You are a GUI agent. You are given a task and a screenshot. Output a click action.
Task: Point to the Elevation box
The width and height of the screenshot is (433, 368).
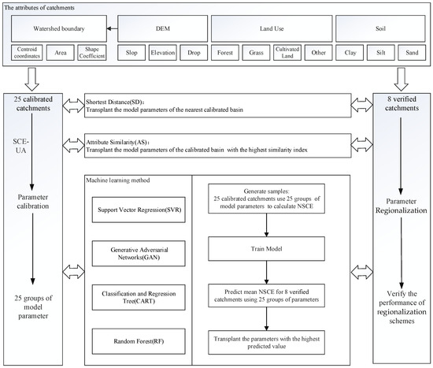[x=161, y=55]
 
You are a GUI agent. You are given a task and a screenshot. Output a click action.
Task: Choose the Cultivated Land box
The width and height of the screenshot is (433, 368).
[x=286, y=55]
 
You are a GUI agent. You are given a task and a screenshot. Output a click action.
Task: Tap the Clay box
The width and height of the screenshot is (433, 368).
[x=348, y=55]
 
